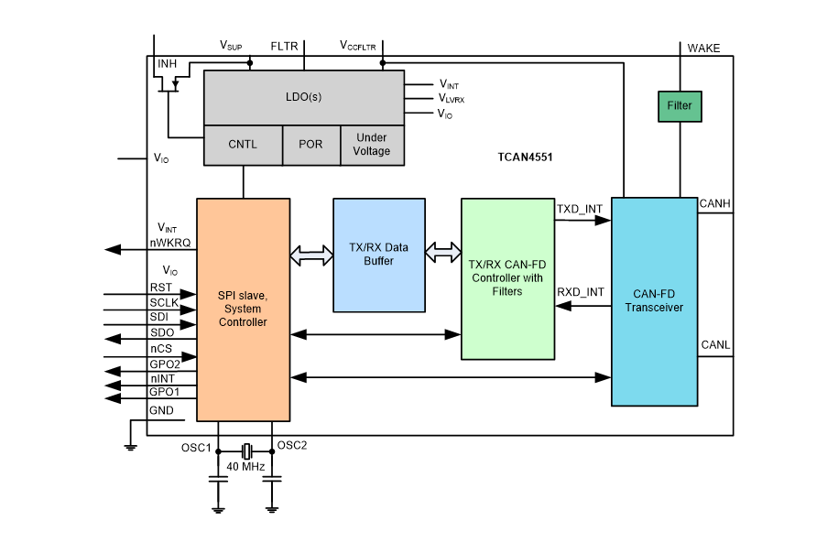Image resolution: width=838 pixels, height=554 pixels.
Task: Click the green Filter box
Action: click(x=680, y=105)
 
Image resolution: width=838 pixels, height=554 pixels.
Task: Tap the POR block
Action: click(x=311, y=145)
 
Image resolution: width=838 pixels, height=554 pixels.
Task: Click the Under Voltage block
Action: click(x=372, y=145)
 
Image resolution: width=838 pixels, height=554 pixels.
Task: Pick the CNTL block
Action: click(x=243, y=145)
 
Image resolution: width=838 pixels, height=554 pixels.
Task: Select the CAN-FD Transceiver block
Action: click(x=655, y=300)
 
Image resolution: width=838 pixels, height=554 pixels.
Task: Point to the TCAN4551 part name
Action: click(x=518, y=158)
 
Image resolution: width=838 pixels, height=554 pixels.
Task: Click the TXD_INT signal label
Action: click(x=581, y=210)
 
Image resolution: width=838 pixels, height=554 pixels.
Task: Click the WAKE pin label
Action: click(x=703, y=48)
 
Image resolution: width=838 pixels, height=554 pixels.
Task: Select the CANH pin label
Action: click(x=714, y=202)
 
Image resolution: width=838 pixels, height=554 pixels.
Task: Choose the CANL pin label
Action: click(x=714, y=345)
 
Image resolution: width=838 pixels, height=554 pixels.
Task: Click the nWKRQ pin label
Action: click(x=170, y=243)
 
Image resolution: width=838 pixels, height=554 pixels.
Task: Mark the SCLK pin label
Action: click(x=165, y=302)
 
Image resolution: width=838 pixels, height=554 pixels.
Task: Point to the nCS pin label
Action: click(x=161, y=349)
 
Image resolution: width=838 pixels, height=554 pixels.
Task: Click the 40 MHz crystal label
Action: click(x=245, y=468)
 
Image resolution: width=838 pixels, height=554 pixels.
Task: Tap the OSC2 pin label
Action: click(x=291, y=447)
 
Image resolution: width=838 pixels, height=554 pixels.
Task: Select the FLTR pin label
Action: click(x=284, y=45)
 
